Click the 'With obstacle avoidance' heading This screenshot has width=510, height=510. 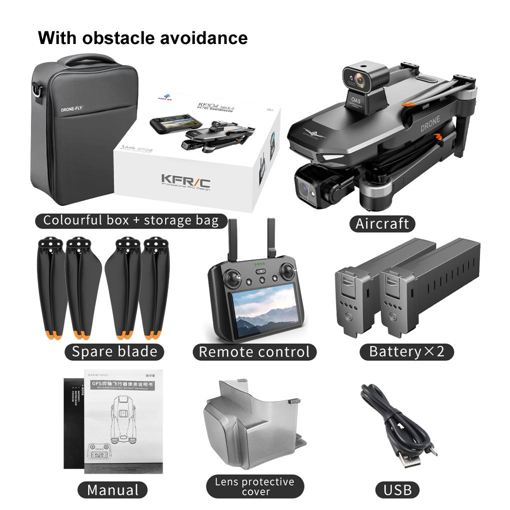point(142,37)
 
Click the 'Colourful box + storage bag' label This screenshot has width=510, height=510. point(130,220)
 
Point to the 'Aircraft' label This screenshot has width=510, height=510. point(382,223)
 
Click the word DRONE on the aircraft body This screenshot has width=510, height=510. point(430,122)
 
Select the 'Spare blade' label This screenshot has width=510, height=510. point(114,351)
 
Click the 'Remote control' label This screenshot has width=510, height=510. point(254,351)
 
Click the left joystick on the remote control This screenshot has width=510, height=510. point(230,275)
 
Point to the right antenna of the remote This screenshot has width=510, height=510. point(272,240)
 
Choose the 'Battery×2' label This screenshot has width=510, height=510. point(406,351)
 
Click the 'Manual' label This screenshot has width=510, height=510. point(112,489)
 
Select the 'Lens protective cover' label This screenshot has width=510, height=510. point(255,486)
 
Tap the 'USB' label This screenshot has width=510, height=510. point(397,489)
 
